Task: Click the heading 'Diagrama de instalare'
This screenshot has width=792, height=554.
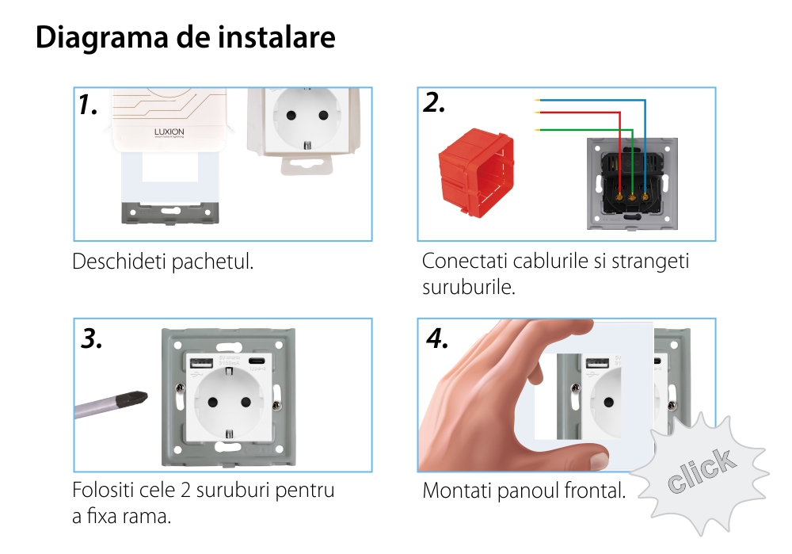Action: [x=185, y=37]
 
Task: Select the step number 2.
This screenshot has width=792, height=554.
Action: [x=435, y=103]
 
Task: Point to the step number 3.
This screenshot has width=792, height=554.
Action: [x=93, y=338]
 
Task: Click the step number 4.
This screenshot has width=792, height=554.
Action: [x=437, y=338]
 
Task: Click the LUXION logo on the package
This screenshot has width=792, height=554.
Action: [x=168, y=132]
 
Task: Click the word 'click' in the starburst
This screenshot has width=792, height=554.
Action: [x=699, y=472]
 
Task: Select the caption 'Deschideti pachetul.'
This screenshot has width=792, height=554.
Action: [x=162, y=262]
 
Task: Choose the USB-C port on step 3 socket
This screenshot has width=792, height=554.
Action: [x=257, y=363]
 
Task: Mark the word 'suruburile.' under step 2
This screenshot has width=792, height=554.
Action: [x=469, y=287]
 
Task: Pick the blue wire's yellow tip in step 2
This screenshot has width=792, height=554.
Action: [x=537, y=100]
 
